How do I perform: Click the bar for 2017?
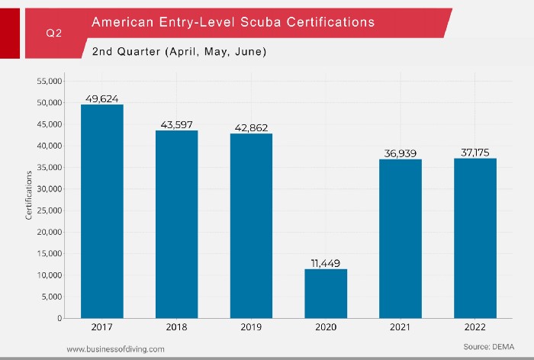102,211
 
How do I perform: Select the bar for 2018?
177,224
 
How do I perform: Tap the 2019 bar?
252,226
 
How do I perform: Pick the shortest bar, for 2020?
326,294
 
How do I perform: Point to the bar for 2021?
400,239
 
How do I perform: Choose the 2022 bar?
475,238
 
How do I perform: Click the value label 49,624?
102,98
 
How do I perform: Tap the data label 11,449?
326,262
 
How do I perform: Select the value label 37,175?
475,153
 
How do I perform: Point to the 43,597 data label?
177,124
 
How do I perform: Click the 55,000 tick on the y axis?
51,81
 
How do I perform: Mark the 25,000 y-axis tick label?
51,211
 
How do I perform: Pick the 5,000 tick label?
55,297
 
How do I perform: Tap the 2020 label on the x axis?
326,327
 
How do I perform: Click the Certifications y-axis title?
30,196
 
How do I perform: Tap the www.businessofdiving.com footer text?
114,349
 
